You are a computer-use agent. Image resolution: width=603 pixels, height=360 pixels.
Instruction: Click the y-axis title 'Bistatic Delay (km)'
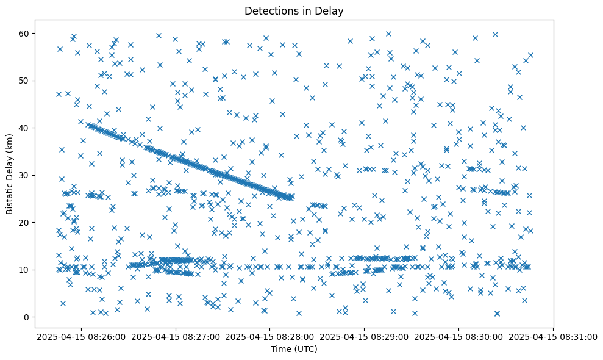point(10,173)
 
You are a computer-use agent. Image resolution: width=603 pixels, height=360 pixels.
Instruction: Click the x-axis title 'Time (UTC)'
point(294,349)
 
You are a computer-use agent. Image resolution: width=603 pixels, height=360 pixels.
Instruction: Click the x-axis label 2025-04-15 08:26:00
point(82,336)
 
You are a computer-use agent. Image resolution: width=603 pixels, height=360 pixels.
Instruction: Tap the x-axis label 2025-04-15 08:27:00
point(176,336)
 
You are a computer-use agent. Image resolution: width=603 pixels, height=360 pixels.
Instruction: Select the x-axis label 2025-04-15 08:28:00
point(271,336)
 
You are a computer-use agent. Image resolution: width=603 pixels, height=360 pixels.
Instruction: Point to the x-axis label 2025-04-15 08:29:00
point(365,336)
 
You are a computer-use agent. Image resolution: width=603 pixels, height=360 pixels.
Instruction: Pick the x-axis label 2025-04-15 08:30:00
point(459,336)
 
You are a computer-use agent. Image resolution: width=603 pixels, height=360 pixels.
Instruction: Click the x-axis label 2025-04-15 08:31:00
point(553,336)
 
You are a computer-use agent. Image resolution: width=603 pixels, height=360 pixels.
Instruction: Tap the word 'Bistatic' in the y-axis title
point(10,196)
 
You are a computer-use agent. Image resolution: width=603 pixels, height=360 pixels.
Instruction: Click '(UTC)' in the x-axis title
point(305,349)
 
